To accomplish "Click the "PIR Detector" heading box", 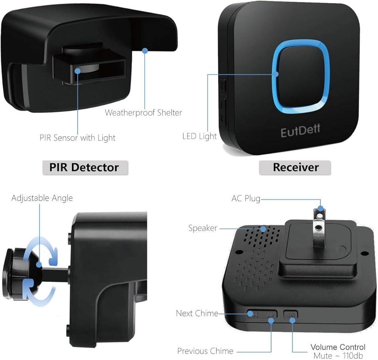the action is pos(85,168).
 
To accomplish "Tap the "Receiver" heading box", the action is pos(295,168).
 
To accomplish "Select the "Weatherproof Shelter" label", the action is pos(143,113).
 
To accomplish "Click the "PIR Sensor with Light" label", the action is pos(77,138).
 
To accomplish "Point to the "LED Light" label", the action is pos(200,136).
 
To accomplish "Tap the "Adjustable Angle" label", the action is pos(42,198).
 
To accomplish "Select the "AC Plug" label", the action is pos(246,199).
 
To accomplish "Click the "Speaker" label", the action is pos(203,228).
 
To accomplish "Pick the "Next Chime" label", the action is pos(197,313).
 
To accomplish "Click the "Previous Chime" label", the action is pos(205,351).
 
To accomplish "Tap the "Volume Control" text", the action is pos(338,347).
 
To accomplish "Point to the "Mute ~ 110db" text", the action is pos(338,355).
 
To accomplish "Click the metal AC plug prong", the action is pos(319,227).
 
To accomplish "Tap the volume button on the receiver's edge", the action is pos(290,314).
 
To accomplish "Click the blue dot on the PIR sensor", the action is pos(77,71).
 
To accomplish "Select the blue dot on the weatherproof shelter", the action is pos(145,51).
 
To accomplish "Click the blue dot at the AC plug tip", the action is pos(321,208).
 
